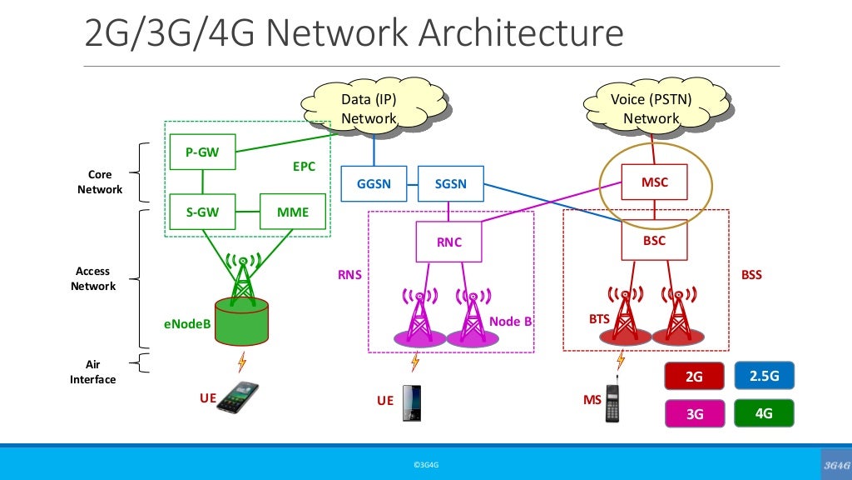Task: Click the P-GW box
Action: [x=202, y=152]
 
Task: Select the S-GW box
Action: [x=202, y=212]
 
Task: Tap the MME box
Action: [x=292, y=212]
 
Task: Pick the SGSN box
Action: [x=450, y=184]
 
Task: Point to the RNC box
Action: [x=448, y=242]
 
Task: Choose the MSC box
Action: [x=655, y=182]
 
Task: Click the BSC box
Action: [x=655, y=240]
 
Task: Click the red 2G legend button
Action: [x=693, y=377]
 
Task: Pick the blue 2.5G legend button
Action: [x=764, y=376]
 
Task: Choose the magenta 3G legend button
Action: [x=693, y=412]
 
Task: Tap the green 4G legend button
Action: [x=764, y=412]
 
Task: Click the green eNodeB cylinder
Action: [x=242, y=320]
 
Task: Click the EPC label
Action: [x=304, y=167]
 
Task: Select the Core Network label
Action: [x=100, y=182]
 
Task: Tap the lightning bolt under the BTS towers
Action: [x=620, y=360]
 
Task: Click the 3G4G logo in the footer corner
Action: [x=833, y=464]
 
